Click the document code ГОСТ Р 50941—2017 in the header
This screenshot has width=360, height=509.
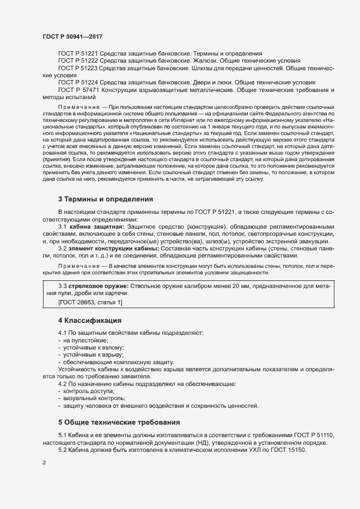point(72,36)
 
